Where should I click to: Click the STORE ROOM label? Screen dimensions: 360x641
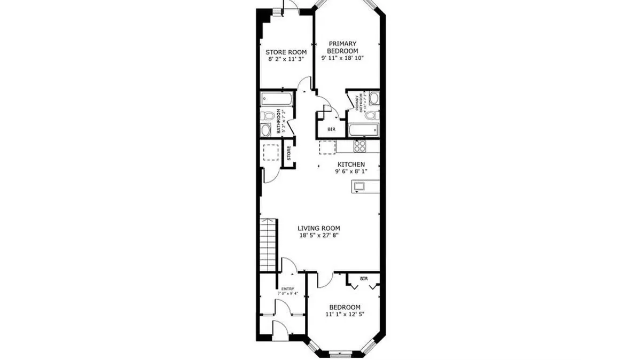click(x=286, y=52)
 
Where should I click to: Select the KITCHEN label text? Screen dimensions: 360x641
click(x=350, y=165)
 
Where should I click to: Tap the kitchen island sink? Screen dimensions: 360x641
click(x=358, y=186)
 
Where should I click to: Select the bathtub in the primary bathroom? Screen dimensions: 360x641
click(x=363, y=129)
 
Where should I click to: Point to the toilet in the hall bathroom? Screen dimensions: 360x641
click(x=268, y=115)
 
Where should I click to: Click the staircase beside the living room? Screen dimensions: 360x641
click(x=269, y=245)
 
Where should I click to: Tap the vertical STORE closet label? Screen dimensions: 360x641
click(x=289, y=153)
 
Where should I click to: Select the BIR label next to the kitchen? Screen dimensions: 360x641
click(x=332, y=129)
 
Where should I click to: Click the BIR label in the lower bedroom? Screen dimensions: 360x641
click(x=364, y=279)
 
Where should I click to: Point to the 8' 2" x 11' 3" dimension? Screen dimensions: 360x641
click(x=286, y=59)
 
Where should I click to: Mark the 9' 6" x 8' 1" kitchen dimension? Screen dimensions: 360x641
click(x=350, y=172)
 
